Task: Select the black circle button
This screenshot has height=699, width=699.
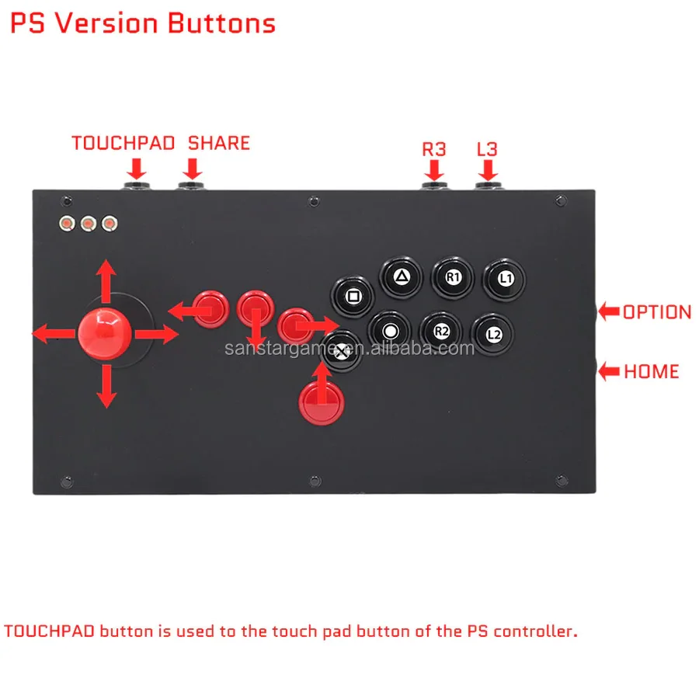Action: pos(390,331)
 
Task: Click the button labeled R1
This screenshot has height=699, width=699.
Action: pos(453,276)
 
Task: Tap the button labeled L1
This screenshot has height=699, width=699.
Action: pos(505,277)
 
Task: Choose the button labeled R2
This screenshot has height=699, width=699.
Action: pos(441,331)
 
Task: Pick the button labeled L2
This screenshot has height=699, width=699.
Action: pos(493,334)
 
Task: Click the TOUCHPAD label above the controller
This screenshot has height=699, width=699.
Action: pos(123,144)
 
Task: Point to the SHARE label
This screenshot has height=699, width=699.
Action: pos(219,144)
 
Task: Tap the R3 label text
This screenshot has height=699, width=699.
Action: pos(434,148)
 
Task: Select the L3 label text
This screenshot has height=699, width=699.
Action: pos(486,148)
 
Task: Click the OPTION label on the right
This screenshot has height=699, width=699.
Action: pos(656,312)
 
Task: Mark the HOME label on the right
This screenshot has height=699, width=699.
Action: pos(651,371)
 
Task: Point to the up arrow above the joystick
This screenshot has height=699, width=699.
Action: pos(106,278)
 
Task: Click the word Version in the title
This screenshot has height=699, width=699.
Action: pos(113,23)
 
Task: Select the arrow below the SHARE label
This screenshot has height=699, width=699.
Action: pos(193,168)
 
